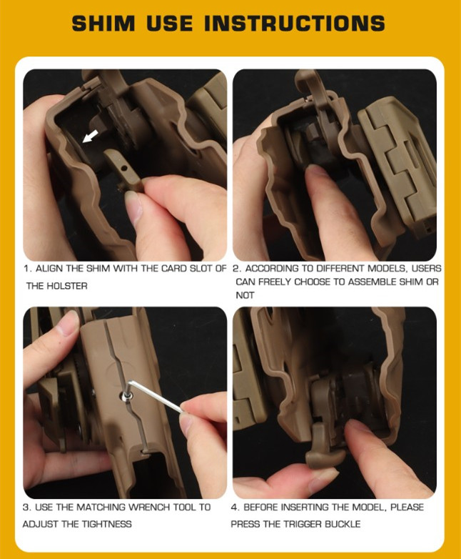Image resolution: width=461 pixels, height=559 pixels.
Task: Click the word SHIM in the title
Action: [x=103, y=24]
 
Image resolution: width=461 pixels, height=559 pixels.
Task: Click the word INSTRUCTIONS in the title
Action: [x=295, y=24]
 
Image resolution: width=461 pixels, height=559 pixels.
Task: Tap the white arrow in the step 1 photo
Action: [x=90, y=137]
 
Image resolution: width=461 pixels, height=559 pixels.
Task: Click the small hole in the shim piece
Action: [x=123, y=167]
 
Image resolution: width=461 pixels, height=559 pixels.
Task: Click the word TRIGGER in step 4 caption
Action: [x=302, y=524]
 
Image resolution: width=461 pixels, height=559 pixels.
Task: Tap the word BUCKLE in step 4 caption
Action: [x=342, y=524]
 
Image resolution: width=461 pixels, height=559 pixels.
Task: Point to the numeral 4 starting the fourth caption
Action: [x=234, y=507]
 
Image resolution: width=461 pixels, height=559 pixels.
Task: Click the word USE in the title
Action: [x=169, y=24]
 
